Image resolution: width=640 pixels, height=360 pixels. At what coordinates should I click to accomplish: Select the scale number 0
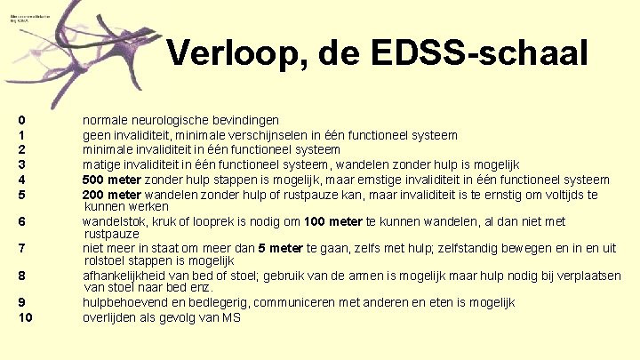pyautogui.click(x=21, y=119)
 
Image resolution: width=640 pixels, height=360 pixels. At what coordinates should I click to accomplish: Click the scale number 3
pyautogui.click(x=21, y=164)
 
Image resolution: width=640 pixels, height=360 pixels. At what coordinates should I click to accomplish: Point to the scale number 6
pyautogui.click(x=21, y=221)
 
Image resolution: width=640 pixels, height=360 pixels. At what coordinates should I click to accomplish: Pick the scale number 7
pyautogui.click(x=21, y=248)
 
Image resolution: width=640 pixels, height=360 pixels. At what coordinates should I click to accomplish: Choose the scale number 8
pyautogui.click(x=21, y=276)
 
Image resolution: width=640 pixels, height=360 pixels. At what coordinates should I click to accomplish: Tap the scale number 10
pyautogui.click(x=25, y=317)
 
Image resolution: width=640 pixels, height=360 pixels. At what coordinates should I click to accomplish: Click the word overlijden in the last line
pyautogui.click(x=112, y=317)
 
